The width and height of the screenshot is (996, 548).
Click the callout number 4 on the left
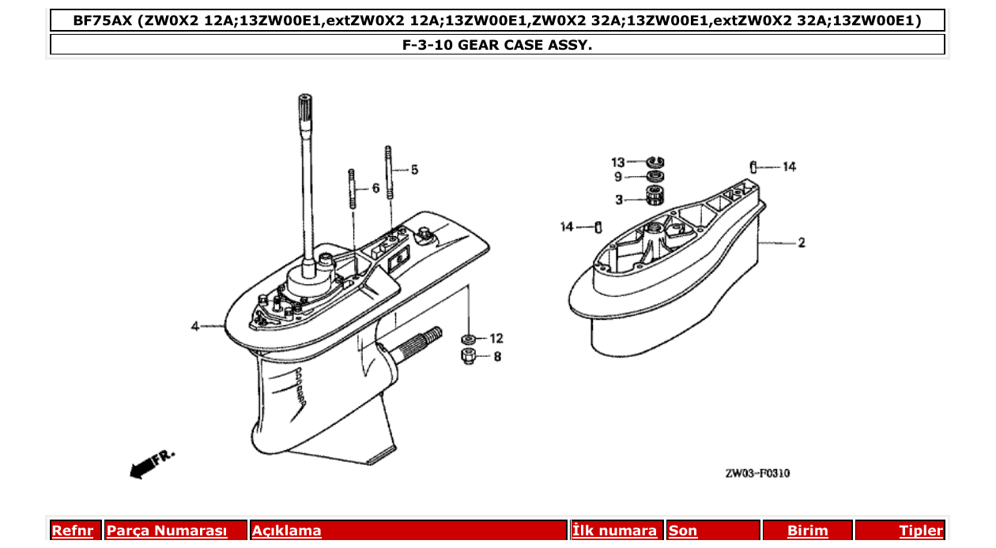coord(194,326)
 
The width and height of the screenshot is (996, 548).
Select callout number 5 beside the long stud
coord(414,169)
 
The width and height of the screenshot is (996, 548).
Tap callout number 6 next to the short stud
coord(375,188)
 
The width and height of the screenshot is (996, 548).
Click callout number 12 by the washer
coord(496,338)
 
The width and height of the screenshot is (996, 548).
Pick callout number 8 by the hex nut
coord(496,356)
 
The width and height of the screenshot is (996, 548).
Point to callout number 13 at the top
coord(617,162)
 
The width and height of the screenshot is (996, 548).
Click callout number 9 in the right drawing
coord(618,177)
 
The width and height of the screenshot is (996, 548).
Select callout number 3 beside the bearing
coord(619,199)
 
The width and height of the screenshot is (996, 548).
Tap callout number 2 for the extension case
coord(802,242)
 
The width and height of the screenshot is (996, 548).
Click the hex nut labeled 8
coord(467,356)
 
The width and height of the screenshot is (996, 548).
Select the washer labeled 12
coord(468,339)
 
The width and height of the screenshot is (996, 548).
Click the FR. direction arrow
coord(150,464)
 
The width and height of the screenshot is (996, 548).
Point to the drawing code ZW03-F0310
coord(757,474)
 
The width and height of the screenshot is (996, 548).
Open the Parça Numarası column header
coord(167,531)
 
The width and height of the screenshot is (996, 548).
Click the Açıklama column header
coord(286,531)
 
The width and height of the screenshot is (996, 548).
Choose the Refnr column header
coord(72,531)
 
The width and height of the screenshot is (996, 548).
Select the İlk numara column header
coord(614,531)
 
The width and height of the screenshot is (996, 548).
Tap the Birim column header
coord(807,531)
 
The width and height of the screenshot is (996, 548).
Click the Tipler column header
coord(920,531)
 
